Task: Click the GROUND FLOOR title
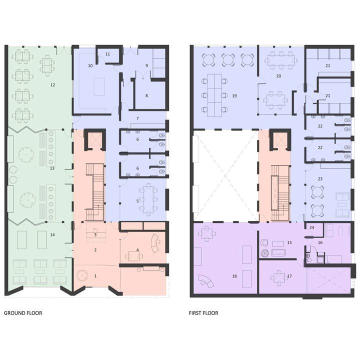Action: point(23,313)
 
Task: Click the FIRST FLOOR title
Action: point(203,313)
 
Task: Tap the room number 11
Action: point(107,54)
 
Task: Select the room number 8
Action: point(146,95)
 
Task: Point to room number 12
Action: point(53,85)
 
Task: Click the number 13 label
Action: point(52,168)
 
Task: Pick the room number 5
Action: point(137,201)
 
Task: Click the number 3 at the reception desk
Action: point(95,235)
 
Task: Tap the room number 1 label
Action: point(95,276)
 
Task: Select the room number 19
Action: point(234,96)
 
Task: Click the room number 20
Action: point(278,76)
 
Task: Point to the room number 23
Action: point(320,179)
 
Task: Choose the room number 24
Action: point(312,227)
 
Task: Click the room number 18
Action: point(234,276)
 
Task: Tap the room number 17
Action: point(289,276)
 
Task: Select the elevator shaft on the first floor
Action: point(280,139)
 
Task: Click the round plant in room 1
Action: point(81,274)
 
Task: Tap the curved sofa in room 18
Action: point(206,281)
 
